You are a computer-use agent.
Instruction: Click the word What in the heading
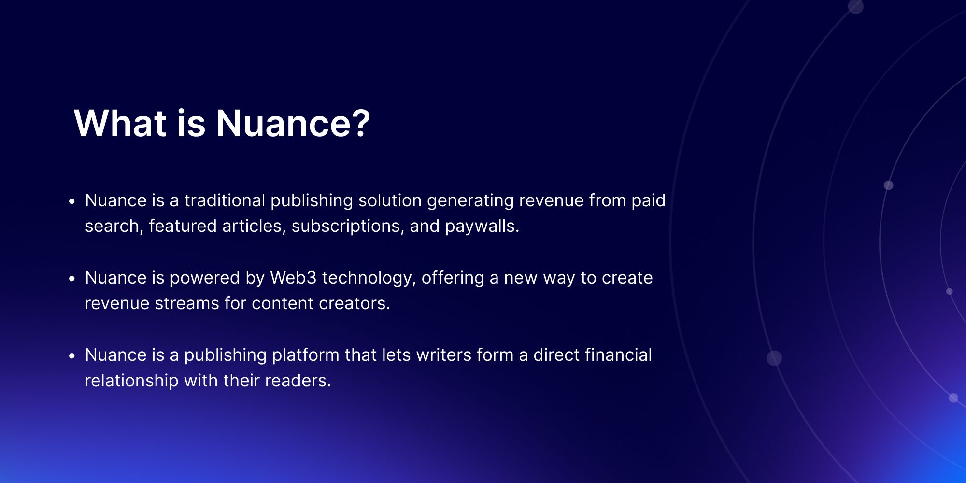(x=120, y=123)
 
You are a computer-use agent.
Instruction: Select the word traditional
(x=225, y=200)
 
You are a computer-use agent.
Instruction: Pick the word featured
(x=183, y=226)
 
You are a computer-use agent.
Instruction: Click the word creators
(x=354, y=303)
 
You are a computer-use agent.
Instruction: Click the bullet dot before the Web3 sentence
(x=72, y=279)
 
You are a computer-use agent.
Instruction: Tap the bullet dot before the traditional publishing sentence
(x=72, y=201)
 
